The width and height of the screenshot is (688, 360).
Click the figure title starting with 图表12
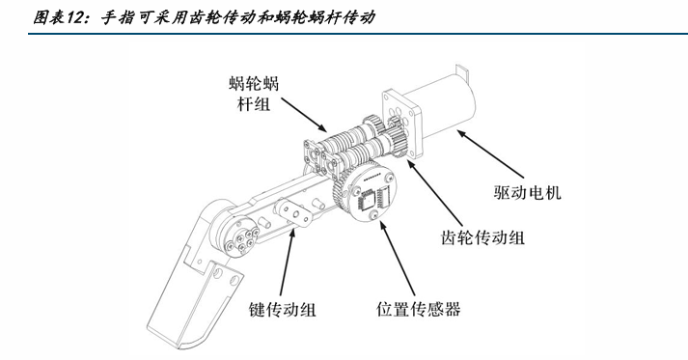coord(204,17)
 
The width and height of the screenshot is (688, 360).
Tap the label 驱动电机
coord(527,192)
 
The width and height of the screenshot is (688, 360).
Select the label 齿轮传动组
coord(482,237)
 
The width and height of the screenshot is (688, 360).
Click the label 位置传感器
coord(418,309)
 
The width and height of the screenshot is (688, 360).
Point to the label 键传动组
coord(282,309)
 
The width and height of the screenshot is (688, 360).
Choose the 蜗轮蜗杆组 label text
coord(254,94)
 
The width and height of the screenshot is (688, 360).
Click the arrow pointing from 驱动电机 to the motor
coord(490,153)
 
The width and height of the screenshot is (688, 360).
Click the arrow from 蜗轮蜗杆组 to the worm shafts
coord(304,115)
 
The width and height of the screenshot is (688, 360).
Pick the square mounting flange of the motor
coord(402,122)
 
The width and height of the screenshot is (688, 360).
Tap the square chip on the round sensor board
coord(367,201)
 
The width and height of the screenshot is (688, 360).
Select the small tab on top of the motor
coord(462,69)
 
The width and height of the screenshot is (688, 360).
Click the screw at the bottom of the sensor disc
coord(374,215)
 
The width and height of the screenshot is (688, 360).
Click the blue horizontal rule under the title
coord(358,34)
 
